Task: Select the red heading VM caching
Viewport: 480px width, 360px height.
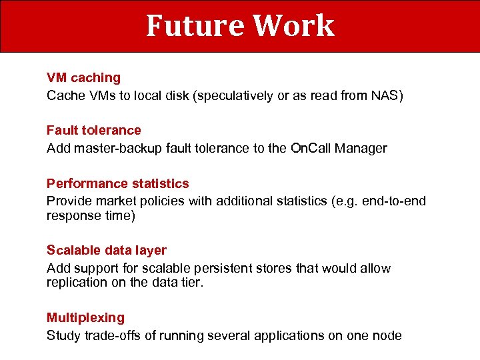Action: coord(83,78)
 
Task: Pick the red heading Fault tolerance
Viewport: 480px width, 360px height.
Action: coord(94,131)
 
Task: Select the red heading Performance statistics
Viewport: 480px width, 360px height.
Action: coord(118,183)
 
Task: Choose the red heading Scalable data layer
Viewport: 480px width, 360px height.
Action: coord(107,251)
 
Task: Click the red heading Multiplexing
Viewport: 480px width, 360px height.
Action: coord(85,318)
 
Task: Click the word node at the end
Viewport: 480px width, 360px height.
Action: coord(387,336)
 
